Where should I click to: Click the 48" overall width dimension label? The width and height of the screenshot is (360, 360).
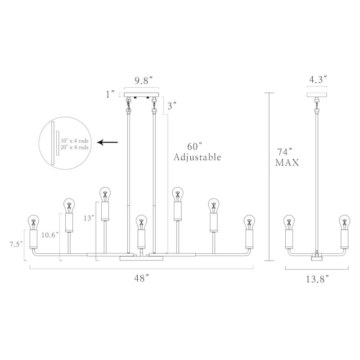click(141, 279)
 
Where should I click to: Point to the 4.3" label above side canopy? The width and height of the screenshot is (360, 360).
click(318, 80)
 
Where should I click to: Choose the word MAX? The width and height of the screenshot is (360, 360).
click(287, 163)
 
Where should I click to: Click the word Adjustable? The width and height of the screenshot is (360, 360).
click(197, 157)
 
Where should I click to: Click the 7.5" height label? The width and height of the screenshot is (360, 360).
click(16, 244)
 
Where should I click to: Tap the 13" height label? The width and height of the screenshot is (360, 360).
click(89, 218)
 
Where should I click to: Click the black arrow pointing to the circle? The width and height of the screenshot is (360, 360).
click(108, 143)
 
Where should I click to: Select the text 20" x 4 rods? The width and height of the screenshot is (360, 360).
click(75, 147)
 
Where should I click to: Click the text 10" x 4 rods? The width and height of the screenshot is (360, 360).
click(75, 140)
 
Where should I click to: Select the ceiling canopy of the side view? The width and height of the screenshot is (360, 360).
click(318, 95)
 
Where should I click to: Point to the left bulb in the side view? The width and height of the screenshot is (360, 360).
click(289, 222)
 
